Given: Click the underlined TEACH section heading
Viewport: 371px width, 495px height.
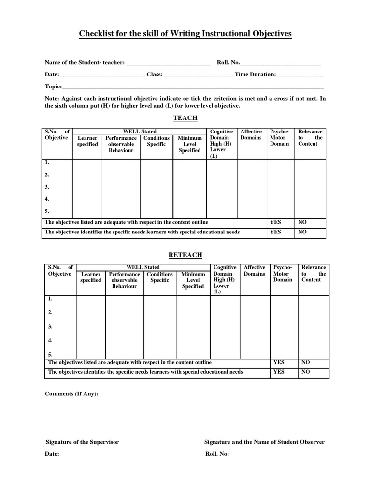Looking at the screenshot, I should pyautogui.click(x=185, y=118).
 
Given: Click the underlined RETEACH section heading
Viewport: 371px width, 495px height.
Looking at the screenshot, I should pyautogui.click(x=185, y=255).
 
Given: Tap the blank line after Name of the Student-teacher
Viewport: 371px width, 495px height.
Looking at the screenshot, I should pyautogui.click(x=168, y=63).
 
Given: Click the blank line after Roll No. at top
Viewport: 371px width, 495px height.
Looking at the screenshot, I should pyautogui.click(x=280, y=63).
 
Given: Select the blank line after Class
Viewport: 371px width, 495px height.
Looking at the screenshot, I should pyautogui.click(x=199, y=75).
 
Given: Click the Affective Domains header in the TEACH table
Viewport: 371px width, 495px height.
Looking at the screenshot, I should pyautogui.click(x=251, y=135).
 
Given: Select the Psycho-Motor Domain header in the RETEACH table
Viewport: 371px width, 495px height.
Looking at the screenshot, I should pyautogui.click(x=283, y=274).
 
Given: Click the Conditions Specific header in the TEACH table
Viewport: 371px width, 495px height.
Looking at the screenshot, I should pyautogui.click(x=157, y=141).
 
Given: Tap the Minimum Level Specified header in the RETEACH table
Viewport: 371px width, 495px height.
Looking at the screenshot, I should pyautogui.click(x=193, y=280).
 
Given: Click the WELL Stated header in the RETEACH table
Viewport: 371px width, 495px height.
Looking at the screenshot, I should pyautogui.click(x=143, y=267).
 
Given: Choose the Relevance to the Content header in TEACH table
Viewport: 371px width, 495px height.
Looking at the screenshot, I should pyautogui.click(x=310, y=138).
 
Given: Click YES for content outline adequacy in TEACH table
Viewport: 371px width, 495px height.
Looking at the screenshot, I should pyautogui.click(x=275, y=222).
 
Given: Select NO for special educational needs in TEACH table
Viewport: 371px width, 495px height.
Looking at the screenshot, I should pyautogui.click(x=302, y=232).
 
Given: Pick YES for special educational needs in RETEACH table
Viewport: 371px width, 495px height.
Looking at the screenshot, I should pyautogui.click(x=279, y=372).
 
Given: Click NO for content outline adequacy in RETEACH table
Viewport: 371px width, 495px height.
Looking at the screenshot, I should pyautogui.click(x=306, y=362).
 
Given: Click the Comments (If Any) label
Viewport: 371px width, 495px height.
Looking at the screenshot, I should pyautogui.click(x=71, y=394).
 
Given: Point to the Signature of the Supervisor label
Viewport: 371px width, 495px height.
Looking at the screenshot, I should pyautogui.click(x=82, y=442).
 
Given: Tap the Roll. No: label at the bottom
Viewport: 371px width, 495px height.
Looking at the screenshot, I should pyautogui.click(x=217, y=454).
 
